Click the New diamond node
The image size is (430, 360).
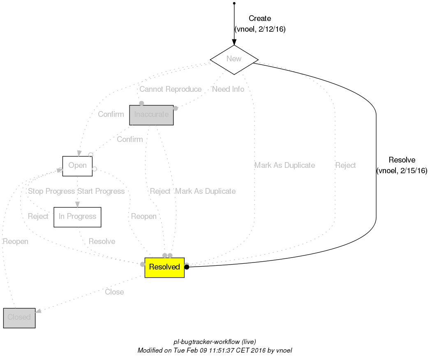234,59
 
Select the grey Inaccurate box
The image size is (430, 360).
151,115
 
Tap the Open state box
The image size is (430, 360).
77,166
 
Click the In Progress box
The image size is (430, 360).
77,217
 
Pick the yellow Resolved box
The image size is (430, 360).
164,267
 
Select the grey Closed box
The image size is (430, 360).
19,318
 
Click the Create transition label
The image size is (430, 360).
260,19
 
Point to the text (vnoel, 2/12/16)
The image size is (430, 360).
260,29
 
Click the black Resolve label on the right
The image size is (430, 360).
402,160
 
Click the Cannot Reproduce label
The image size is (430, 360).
170,89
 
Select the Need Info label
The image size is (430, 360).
228,89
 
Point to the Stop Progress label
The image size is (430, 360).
51,191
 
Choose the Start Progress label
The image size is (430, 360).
101,191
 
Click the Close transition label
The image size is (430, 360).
114,292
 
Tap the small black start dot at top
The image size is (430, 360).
234,3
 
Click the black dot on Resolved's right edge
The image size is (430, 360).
187,267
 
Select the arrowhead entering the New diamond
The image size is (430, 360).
234,42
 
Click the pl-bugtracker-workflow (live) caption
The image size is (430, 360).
215,342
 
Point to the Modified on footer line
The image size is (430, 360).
215,351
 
